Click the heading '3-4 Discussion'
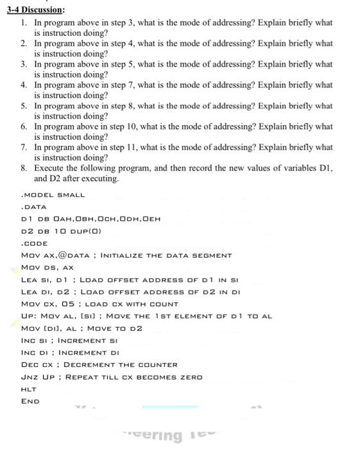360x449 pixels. pyautogui.click(x=35, y=9)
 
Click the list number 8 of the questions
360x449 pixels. pyautogui.click(x=24, y=168)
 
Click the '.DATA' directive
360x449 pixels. pyautogui.click(x=34, y=207)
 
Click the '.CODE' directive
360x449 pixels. pyautogui.click(x=35, y=243)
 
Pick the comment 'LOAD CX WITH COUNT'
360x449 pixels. pyautogui.click(x=125, y=304)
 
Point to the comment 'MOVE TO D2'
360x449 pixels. pyautogui.click(x=114, y=328)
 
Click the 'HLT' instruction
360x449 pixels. pyautogui.click(x=28, y=389)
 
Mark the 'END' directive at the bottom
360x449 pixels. pyautogui.click(x=30, y=402)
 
